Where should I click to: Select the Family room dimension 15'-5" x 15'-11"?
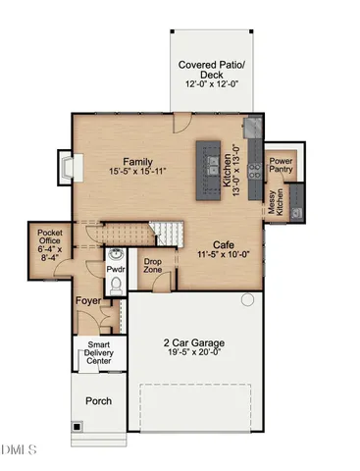click(x=141, y=174)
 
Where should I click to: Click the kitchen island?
click(x=210, y=159)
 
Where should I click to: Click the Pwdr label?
click(x=116, y=267)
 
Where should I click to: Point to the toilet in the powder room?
click(x=115, y=286)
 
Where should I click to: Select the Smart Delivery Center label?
click(x=97, y=352)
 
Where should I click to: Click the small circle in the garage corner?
click(x=248, y=298)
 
